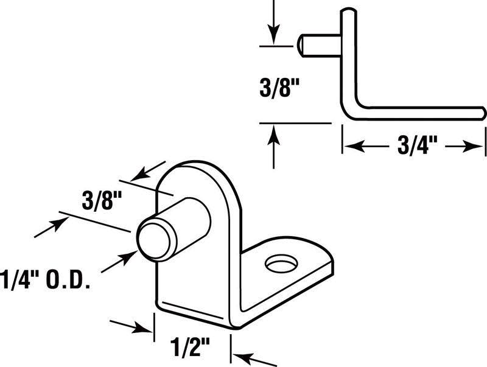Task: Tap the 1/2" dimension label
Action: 189,347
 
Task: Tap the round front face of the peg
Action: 152,239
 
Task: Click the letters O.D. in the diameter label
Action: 70,282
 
